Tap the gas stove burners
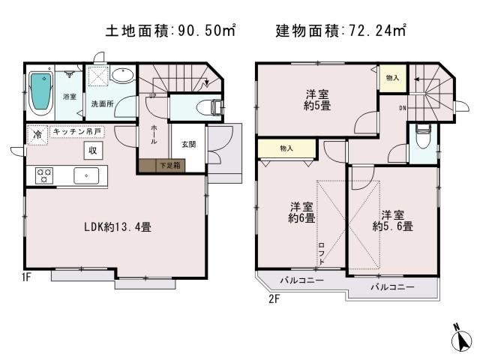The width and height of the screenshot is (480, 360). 43,176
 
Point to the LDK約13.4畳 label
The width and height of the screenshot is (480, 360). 116,226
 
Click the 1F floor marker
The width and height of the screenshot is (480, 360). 26,277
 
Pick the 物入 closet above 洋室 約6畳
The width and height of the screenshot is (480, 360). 286,148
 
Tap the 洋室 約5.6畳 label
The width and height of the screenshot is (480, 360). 392,219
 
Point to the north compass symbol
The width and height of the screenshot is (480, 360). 459,338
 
